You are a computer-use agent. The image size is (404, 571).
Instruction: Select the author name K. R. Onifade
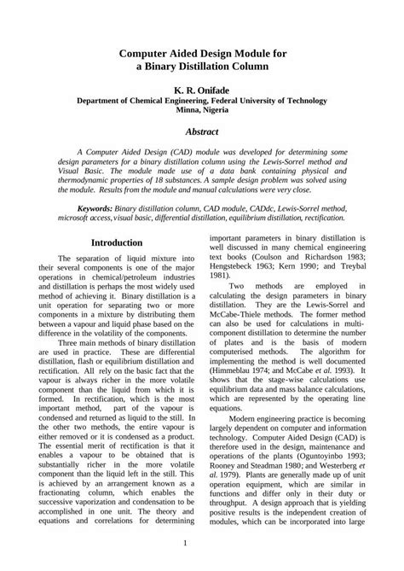point(202,88)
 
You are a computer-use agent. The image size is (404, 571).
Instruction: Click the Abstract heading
point(202,132)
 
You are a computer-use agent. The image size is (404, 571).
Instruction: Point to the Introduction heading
point(117,242)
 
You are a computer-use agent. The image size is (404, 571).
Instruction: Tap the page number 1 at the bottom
point(202,544)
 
